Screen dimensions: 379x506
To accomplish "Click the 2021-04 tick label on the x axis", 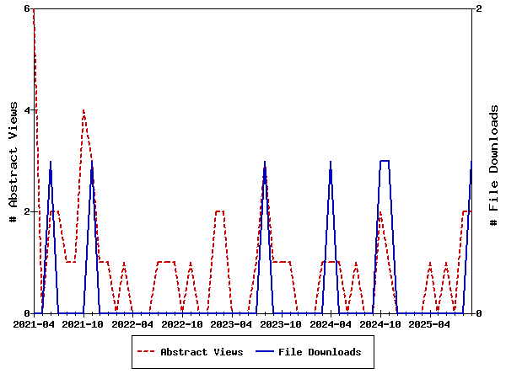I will pyautogui.click(x=34, y=324).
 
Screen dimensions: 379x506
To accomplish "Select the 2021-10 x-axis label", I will pyautogui.click(x=83, y=324).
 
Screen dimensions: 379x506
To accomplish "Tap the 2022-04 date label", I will pyautogui.click(x=133, y=324).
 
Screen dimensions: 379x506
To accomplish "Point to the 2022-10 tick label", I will pyautogui.click(x=182, y=324).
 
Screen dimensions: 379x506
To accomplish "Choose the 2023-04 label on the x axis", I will pyautogui.click(x=232, y=324).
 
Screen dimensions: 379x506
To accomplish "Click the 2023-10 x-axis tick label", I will pyautogui.click(x=281, y=324).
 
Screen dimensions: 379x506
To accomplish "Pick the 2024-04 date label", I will pyautogui.click(x=331, y=324).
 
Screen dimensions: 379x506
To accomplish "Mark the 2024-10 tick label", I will pyautogui.click(x=380, y=324).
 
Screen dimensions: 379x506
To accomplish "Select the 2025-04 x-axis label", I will pyautogui.click(x=429, y=324).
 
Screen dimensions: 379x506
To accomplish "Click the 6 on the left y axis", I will pyautogui.click(x=27, y=8).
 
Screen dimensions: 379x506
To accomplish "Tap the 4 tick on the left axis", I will pyautogui.click(x=27, y=110).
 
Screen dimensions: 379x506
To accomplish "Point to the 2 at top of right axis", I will pyautogui.click(x=479, y=8).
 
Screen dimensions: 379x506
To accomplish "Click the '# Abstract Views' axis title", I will pyautogui.click(x=13, y=161).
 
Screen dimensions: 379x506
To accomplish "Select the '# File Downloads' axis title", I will pyautogui.click(x=494, y=161).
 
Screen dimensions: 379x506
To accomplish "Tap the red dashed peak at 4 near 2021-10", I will pyautogui.click(x=83, y=110).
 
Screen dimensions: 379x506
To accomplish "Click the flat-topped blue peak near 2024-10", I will pyautogui.click(x=385, y=161).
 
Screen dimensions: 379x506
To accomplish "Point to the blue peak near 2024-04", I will pyautogui.click(x=331, y=162).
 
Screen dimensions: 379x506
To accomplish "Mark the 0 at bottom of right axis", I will pyautogui.click(x=479, y=313).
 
